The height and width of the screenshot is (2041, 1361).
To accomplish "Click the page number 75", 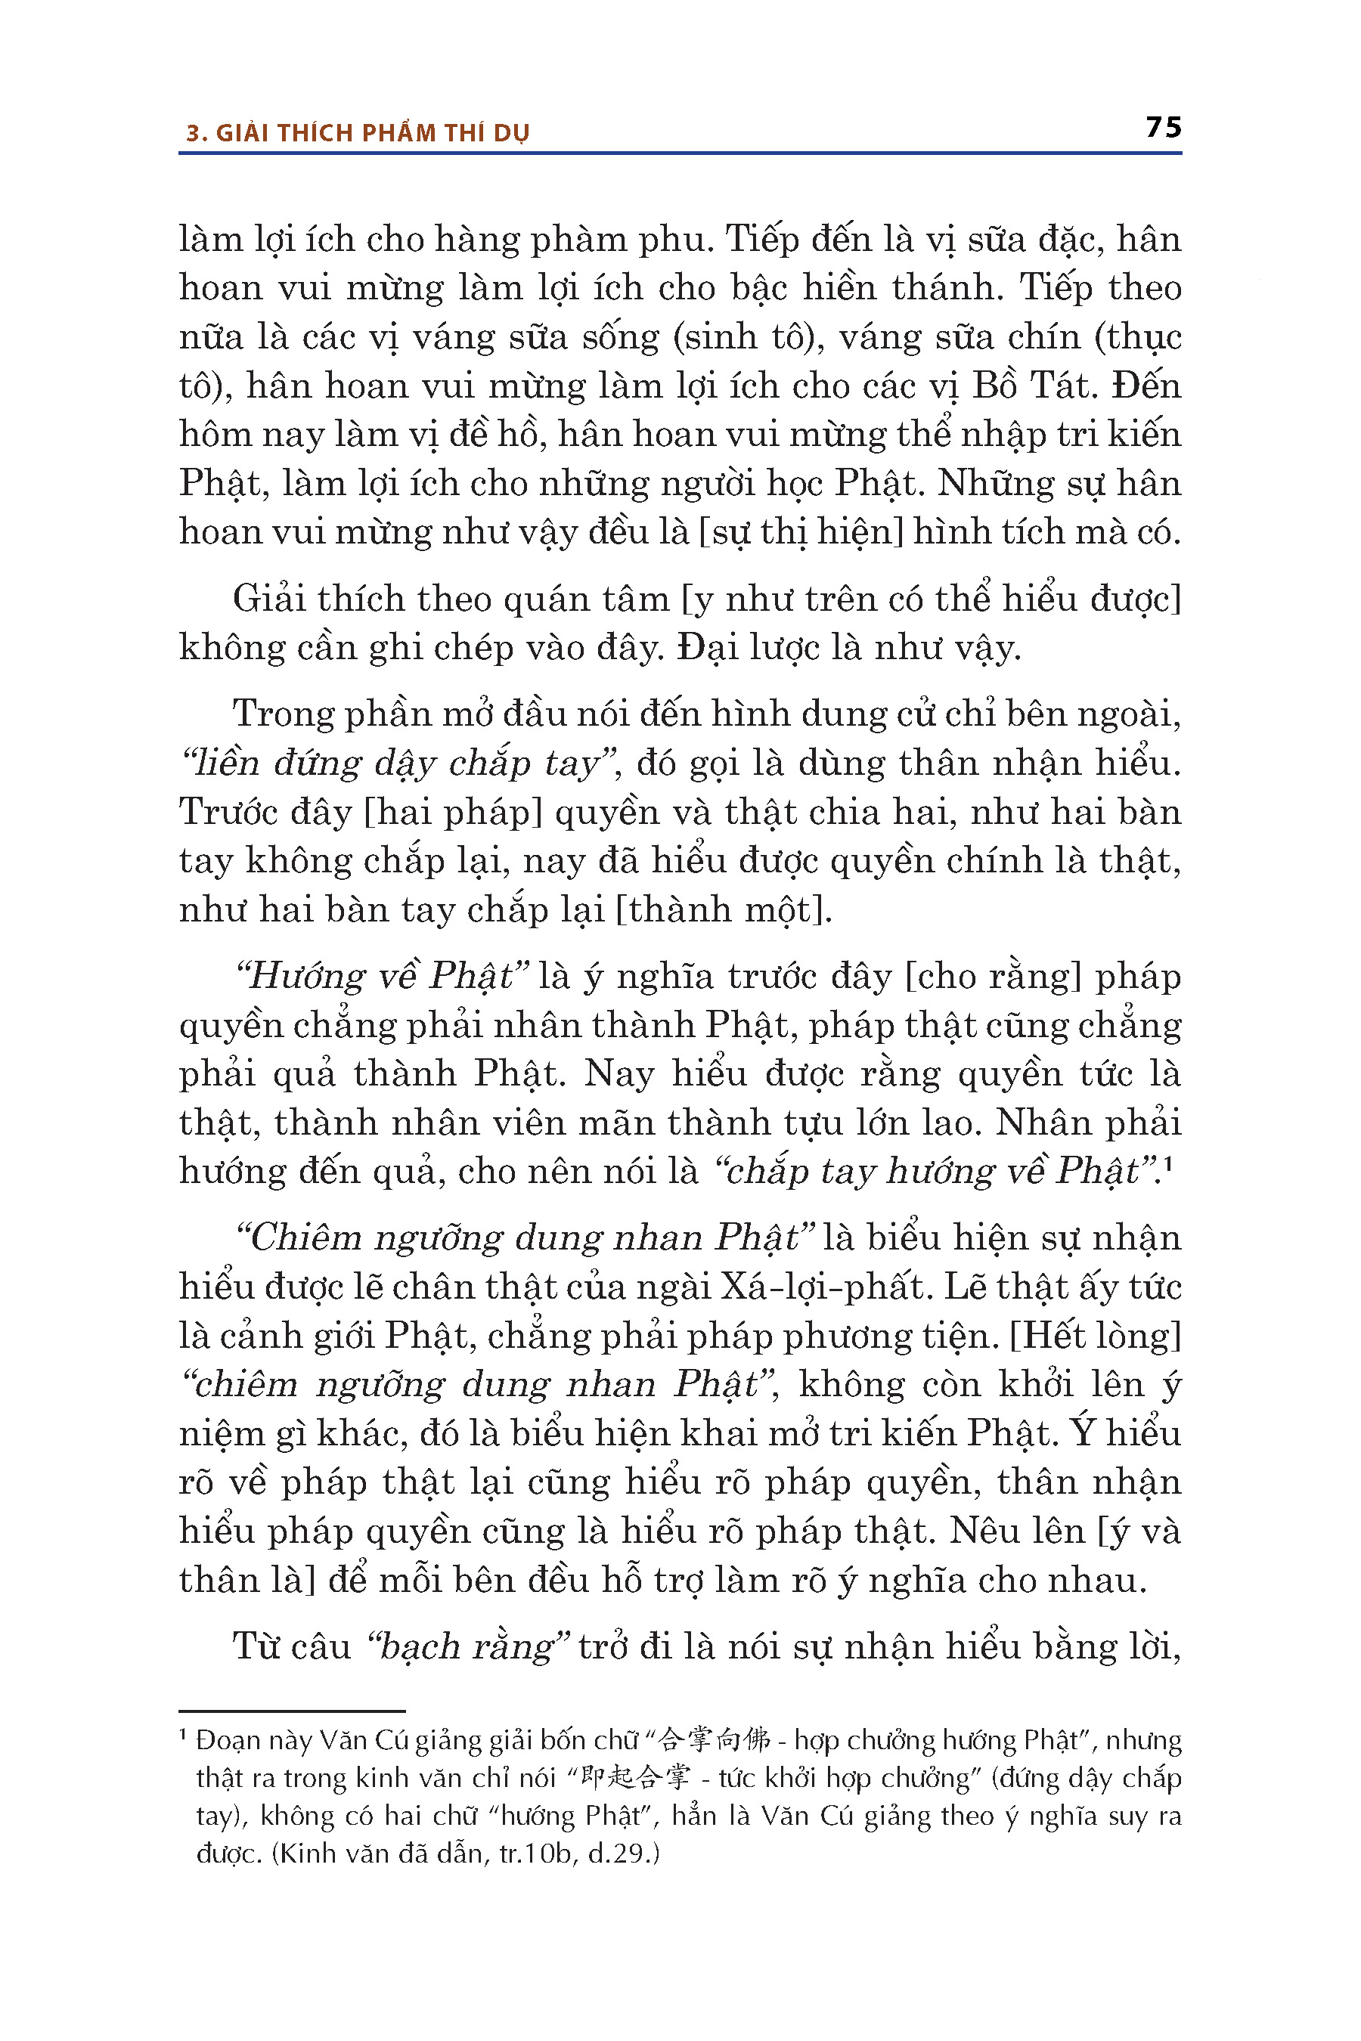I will tap(1163, 128).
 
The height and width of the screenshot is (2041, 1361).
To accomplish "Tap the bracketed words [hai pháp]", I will tap(451, 812).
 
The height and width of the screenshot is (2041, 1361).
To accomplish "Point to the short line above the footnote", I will tap(292, 1711).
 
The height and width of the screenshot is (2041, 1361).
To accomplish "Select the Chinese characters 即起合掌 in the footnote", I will tap(635, 1777).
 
